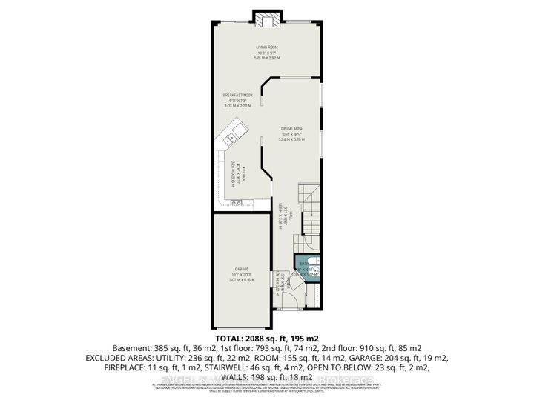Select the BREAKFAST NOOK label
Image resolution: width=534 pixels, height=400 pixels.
point(238,96)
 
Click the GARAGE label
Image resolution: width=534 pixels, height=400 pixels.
point(241,270)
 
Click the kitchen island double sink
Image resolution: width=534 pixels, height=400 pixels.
point(232,137)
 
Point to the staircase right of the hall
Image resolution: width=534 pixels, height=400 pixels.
point(308,211)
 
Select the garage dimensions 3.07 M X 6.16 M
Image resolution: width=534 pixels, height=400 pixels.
point(241,280)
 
